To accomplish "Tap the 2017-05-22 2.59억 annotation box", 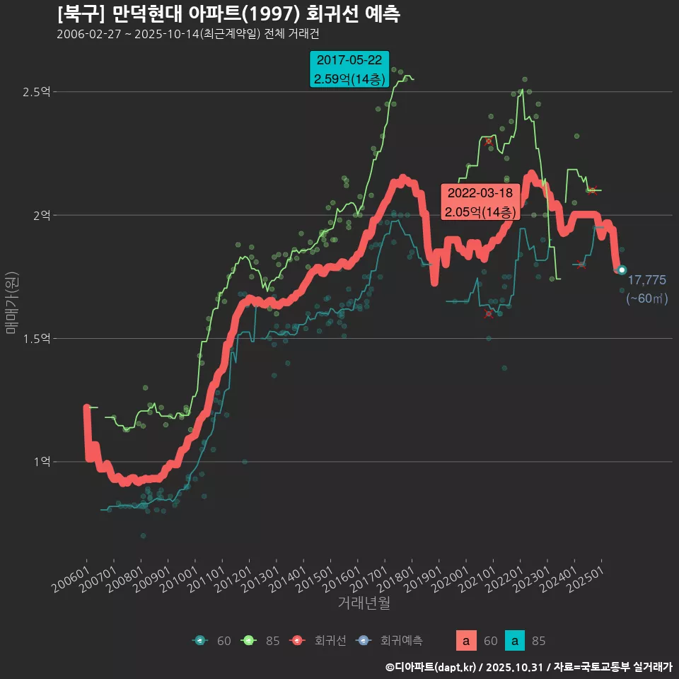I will (349, 69).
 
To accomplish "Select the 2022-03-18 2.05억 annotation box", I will (481, 202).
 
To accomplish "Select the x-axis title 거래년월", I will (364, 603).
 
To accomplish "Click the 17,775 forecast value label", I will (646, 280).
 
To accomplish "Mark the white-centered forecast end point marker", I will (622, 269).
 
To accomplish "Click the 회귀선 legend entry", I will (323, 641).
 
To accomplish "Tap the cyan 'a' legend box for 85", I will (517, 641).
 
